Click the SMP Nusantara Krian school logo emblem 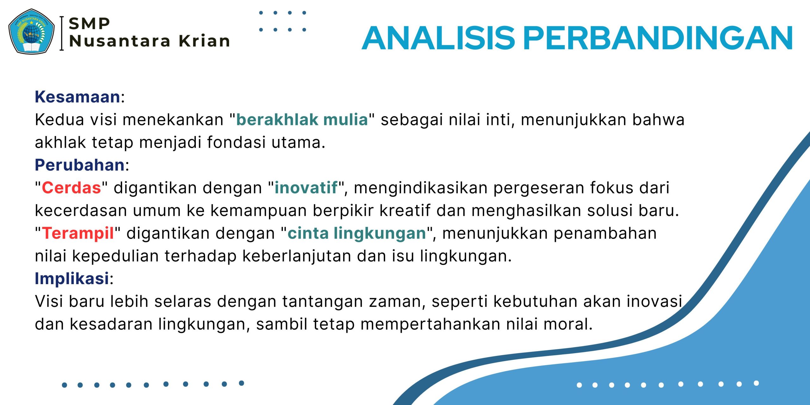click(x=31, y=31)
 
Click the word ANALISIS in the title click(x=439, y=38)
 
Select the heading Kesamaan click(x=78, y=97)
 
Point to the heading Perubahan click(x=80, y=165)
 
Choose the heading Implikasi click(x=72, y=278)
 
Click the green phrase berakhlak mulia click(x=302, y=120)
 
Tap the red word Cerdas click(x=72, y=188)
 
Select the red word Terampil click(x=78, y=234)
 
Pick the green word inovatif click(x=306, y=188)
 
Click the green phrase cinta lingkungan click(x=357, y=234)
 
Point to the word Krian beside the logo click(x=204, y=41)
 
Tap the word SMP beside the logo click(x=89, y=24)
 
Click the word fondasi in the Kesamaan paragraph click(x=236, y=142)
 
